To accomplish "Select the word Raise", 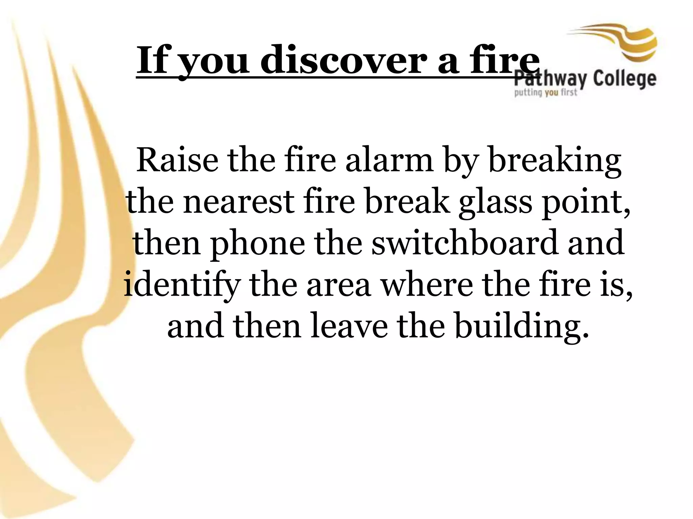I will point(177,161).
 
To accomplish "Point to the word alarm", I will point(389,161).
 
